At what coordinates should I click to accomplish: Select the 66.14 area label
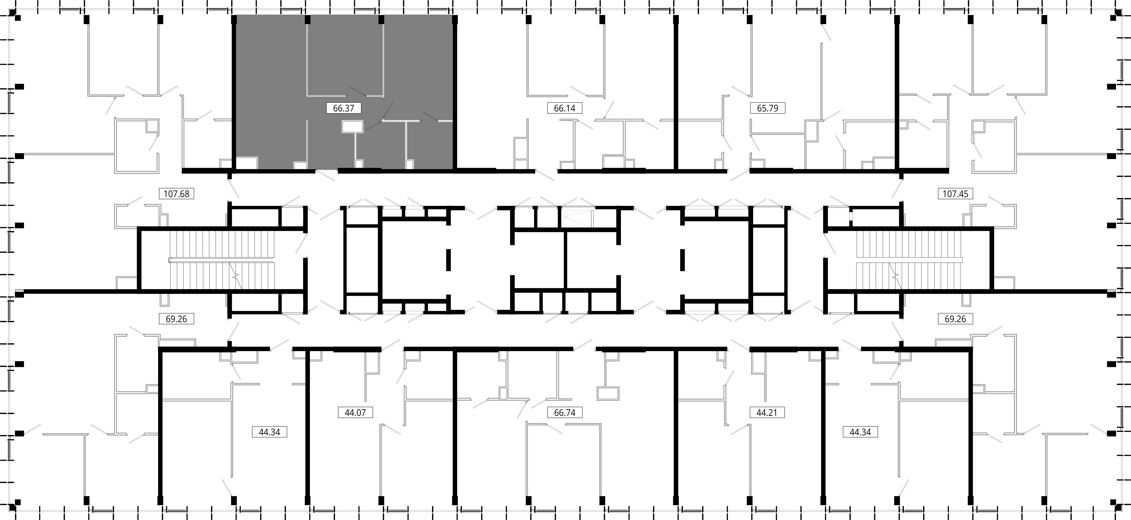(x=565, y=108)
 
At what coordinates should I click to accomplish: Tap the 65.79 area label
(x=767, y=108)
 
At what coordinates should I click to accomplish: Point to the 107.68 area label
(x=177, y=194)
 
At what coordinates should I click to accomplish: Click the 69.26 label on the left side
(x=177, y=319)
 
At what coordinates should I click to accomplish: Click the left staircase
(x=222, y=260)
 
